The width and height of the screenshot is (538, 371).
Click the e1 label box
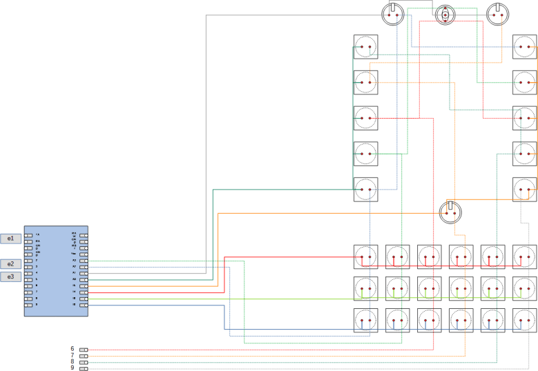(10, 238)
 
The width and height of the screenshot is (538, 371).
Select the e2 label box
(10, 264)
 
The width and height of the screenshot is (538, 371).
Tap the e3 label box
(10, 277)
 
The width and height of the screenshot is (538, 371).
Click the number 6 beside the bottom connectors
(72, 350)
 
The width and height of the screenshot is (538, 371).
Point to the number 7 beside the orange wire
(72, 356)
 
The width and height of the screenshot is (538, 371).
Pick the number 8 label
(72, 362)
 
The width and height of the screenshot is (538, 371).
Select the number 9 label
(72, 368)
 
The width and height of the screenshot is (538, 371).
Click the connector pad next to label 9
(84, 368)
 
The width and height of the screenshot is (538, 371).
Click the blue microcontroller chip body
(56, 271)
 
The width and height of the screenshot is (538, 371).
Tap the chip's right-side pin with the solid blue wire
(84, 305)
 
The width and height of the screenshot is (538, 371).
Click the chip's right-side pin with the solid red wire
(84, 292)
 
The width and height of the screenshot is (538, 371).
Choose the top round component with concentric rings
(445, 14)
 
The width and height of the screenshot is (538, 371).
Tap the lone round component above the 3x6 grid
(450, 212)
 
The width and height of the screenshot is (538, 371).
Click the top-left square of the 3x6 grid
(365, 257)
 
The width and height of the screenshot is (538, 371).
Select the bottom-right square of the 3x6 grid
(524, 321)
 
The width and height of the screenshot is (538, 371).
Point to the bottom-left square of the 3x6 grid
(365, 321)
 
